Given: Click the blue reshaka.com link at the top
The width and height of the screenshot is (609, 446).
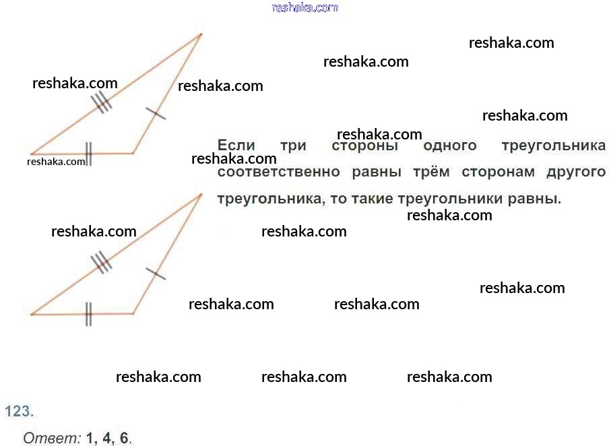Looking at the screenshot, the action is tap(305, 7).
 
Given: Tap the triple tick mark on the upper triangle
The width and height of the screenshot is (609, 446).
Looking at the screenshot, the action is tap(101, 102).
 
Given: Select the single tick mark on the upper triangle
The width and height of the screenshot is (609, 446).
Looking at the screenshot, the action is tap(156, 113).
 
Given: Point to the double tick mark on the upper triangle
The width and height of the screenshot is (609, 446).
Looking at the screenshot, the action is tap(88, 154).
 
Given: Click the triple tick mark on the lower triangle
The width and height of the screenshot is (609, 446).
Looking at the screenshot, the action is tap(101, 262).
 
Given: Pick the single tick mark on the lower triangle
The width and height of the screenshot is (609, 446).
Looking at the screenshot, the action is tap(156, 274).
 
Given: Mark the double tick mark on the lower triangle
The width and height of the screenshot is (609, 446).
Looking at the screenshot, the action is tap(88, 314).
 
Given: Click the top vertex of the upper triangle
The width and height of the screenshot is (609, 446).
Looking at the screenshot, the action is tap(201, 34).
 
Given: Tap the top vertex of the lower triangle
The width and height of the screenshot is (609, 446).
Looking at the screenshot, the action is tap(201, 194).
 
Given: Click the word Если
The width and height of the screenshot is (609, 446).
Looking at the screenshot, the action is tap(236, 146).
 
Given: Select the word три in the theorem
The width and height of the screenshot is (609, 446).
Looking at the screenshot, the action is tap(293, 146).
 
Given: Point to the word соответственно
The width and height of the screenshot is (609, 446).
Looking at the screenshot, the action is tap(278, 172).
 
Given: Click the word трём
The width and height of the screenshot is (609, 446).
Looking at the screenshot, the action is tap(431, 172).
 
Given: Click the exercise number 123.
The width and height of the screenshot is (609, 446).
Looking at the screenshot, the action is tap(20, 411).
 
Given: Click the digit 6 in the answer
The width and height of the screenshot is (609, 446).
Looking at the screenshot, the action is tap(124, 438).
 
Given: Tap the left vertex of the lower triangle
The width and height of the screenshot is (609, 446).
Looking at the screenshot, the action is tap(32, 315).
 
